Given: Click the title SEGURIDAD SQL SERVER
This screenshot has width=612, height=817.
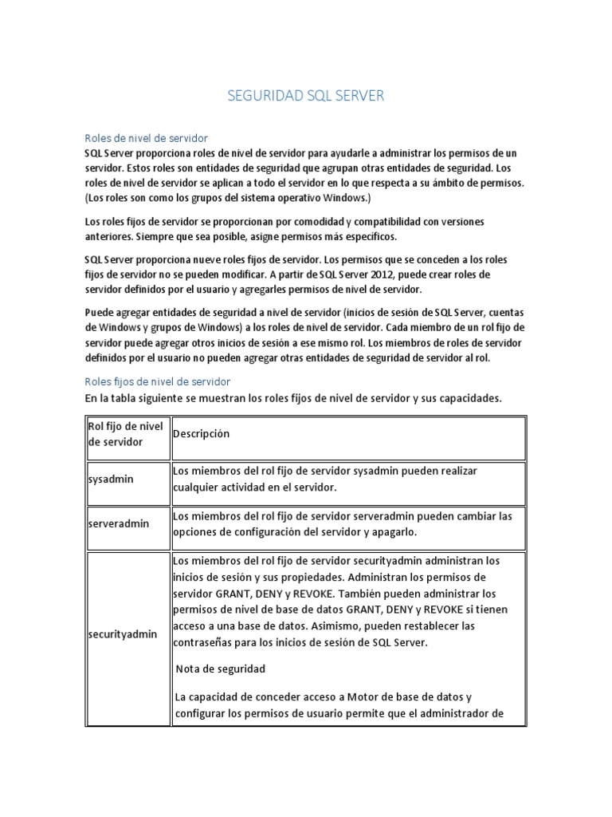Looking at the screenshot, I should tap(306, 96).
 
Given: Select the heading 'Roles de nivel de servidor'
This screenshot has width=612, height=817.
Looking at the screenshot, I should tap(146, 138).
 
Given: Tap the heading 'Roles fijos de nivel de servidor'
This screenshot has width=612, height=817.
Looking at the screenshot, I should tap(157, 381).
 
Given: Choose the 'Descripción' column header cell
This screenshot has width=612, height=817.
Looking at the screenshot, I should tap(201, 434).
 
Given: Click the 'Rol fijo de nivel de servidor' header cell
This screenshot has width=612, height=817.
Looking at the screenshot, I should tap(126, 434).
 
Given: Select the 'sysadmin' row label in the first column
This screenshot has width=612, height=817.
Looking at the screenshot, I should tap(111, 480).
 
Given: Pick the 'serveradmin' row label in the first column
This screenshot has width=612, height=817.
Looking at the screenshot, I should tap(118, 524).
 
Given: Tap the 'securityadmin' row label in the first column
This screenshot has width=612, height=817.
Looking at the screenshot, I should tap(122, 634).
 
